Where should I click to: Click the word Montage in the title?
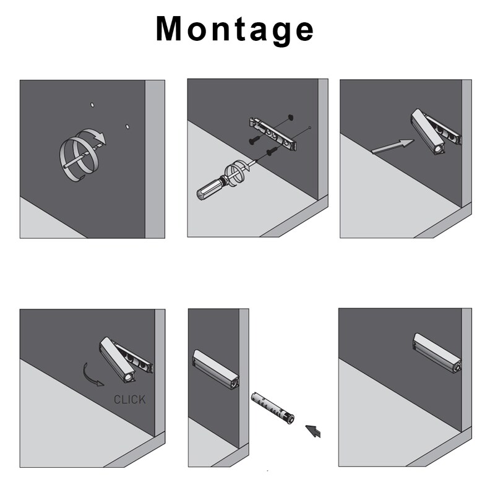click(235, 29)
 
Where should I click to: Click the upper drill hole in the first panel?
click(92, 105)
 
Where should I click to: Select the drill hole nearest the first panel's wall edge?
click(127, 126)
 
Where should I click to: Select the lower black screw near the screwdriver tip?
click(271, 152)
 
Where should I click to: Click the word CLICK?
click(129, 400)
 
